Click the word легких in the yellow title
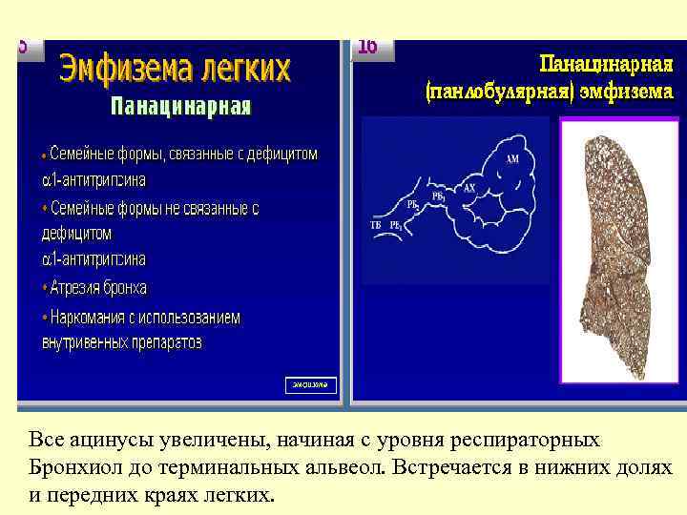click(242, 70)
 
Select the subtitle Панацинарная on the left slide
click(181, 106)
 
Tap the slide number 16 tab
click(367, 47)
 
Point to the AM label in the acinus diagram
click(512, 160)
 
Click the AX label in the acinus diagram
click(468, 189)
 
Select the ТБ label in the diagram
click(375, 225)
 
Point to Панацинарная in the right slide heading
click(607, 65)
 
